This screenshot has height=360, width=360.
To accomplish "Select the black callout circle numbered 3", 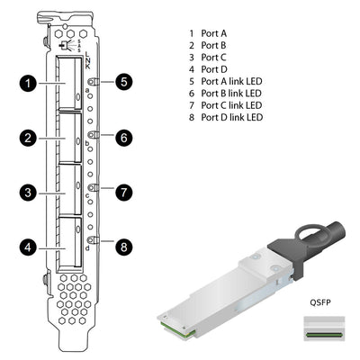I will [29, 191].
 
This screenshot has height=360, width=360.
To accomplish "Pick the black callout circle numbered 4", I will [29, 245].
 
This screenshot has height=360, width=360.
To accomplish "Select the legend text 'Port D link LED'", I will [231, 117].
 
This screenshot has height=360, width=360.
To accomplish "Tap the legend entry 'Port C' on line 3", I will [213, 57].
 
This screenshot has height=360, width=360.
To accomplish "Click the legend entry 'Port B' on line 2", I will [213, 45].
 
